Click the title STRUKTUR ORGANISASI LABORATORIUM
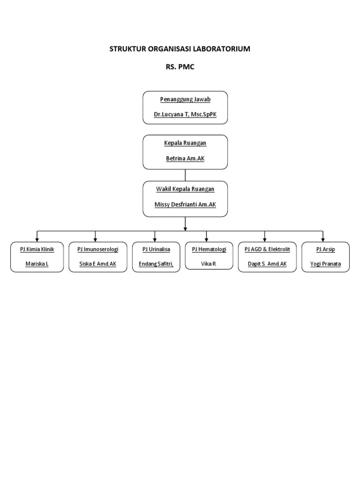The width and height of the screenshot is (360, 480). [x=180, y=49]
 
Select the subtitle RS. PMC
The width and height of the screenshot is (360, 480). [x=180, y=67]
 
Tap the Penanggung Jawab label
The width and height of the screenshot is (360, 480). [x=185, y=99]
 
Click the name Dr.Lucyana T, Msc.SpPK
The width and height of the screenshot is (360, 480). [x=185, y=114]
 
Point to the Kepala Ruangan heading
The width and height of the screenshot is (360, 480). [x=185, y=143]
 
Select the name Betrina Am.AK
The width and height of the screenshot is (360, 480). [x=185, y=158]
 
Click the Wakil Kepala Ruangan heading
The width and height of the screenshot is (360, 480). [x=185, y=189]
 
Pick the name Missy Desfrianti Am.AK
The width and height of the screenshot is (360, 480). [x=185, y=204]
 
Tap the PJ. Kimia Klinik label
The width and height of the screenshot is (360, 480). [x=37, y=249]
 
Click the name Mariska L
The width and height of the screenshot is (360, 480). [x=37, y=264]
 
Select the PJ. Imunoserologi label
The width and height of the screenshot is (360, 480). [x=98, y=249]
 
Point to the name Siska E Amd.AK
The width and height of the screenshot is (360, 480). [x=98, y=264]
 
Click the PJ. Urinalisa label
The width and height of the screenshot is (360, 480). [x=156, y=249]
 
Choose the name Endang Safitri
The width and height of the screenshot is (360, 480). [x=156, y=264]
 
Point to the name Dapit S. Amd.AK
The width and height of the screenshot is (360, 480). [x=267, y=264]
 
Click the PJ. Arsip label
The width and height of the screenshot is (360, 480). [x=325, y=249]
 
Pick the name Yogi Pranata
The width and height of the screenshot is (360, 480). [x=325, y=264]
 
